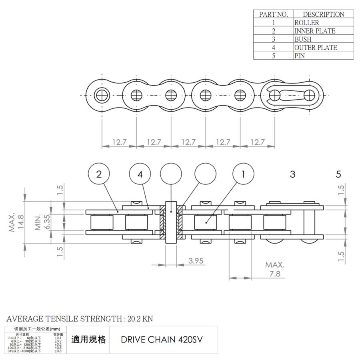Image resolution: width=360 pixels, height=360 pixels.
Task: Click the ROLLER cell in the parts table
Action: click(x=307, y=23)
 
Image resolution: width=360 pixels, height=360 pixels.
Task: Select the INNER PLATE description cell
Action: click(x=315, y=31)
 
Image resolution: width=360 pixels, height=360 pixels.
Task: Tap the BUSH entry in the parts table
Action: click(x=303, y=39)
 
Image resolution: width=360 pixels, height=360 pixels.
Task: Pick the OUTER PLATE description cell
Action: click(x=316, y=48)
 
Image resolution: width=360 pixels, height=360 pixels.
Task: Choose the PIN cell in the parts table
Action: click(x=300, y=56)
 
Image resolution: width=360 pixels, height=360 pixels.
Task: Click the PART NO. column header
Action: click(x=274, y=14)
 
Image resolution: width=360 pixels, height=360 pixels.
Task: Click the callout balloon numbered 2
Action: click(x=99, y=174)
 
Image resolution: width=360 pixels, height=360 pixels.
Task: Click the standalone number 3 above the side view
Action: click(x=292, y=174)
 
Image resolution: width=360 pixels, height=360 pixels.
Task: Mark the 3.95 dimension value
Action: click(x=196, y=261)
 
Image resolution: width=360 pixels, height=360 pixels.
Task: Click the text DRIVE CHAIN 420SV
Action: click(x=162, y=340)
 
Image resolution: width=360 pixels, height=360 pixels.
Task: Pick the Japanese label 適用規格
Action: click(x=88, y=340)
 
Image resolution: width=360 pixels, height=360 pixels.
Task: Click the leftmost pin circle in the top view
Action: click(x=102, y=96)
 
